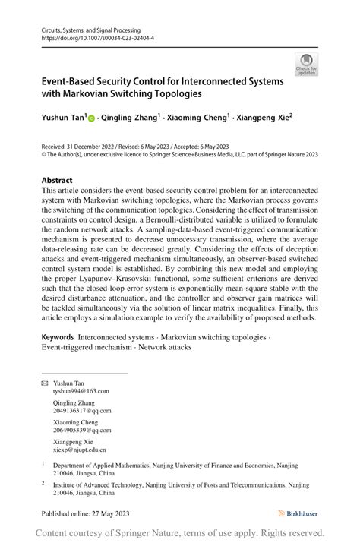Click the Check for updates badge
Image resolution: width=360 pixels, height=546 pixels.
point(307,64)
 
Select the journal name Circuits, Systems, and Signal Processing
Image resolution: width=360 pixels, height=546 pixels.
point(91,29)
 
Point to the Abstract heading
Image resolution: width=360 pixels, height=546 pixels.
point(57,181)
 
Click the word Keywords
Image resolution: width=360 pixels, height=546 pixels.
point(58,336)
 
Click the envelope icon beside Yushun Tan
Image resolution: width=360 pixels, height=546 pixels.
point(44,383)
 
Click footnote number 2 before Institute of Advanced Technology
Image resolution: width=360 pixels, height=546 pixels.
point(43,481)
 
